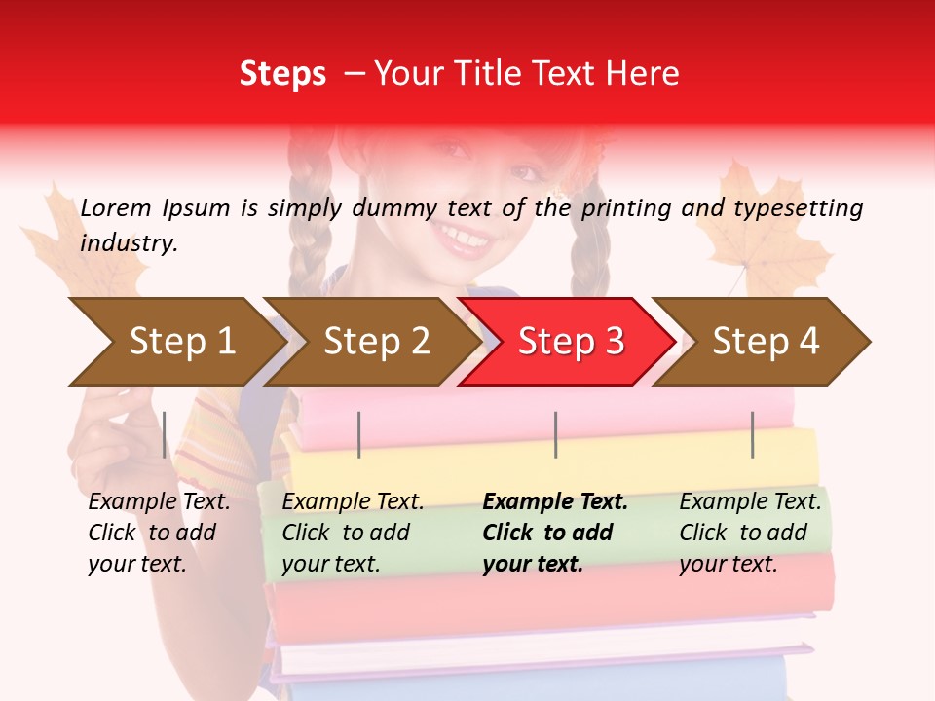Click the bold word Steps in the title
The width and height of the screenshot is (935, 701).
[282, 73]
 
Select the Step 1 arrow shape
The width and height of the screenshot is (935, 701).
[175, 341]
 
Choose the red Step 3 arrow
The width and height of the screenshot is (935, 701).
[570, 341]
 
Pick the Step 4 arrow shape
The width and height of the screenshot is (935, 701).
[765, 341]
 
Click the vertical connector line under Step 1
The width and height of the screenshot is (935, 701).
[165, 434]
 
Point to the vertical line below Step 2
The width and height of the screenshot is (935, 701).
[359, 434]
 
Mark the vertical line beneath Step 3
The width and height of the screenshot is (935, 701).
[555, 434]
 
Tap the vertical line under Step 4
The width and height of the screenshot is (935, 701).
[752, 434]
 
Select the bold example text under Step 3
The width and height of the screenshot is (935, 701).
[554, 533]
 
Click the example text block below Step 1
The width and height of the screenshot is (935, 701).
[158, 533]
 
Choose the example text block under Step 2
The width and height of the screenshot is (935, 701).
[353, 533]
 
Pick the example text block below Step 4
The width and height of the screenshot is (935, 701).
[750, 533]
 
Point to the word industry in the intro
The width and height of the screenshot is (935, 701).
[129, 242]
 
